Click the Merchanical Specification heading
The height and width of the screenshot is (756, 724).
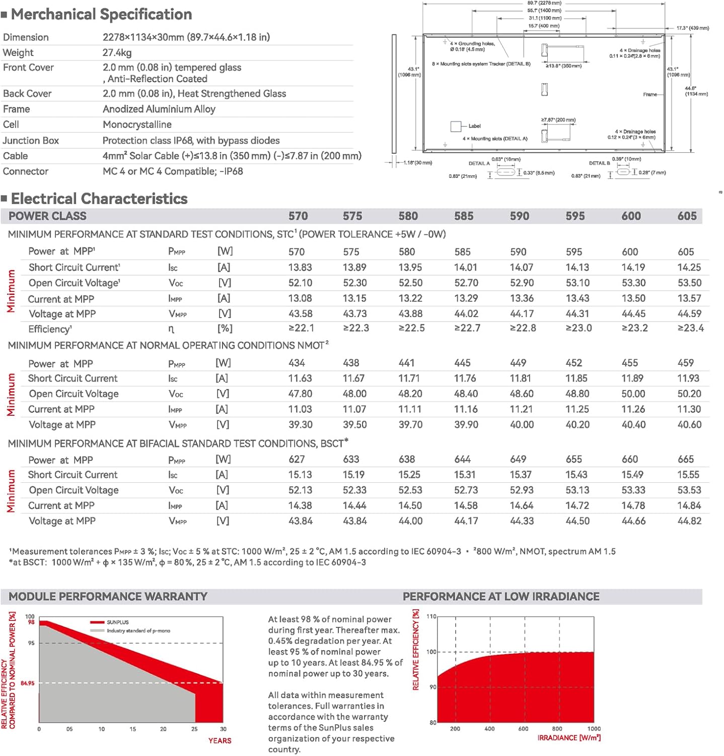tap(101, 14)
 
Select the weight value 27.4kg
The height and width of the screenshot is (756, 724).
tap(117, 52)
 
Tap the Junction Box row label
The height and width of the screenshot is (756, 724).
tap(31, 141)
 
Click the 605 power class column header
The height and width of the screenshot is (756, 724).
tap(687, 216)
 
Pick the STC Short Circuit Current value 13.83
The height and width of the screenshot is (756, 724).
tap(300, 268)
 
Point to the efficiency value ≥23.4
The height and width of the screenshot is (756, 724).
tap(690, 329)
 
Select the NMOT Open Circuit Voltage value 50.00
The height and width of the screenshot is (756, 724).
tap(633, 394)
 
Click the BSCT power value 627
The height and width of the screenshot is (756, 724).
tap(297, 459)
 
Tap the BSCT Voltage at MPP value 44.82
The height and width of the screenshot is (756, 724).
tap(689, 521)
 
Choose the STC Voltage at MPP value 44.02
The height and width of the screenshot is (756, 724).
tap(466, 313)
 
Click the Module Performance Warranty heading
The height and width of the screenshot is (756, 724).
tap(108, 597)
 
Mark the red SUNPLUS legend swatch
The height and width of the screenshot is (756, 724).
tap(97, 622)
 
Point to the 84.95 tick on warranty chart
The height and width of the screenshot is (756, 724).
tap(28, 683)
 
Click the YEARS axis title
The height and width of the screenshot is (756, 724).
tap(220, 741)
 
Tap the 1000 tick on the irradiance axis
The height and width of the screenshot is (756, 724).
tap(594, 729)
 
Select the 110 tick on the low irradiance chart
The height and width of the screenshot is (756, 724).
tap(431, 616)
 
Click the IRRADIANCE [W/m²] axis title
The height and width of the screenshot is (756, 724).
tap(569, 738)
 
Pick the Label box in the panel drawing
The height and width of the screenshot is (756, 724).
tap(456, 126)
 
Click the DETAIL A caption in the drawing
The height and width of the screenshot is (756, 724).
tap(479, 163)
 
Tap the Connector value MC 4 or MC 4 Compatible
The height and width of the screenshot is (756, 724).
tap(173, 171)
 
